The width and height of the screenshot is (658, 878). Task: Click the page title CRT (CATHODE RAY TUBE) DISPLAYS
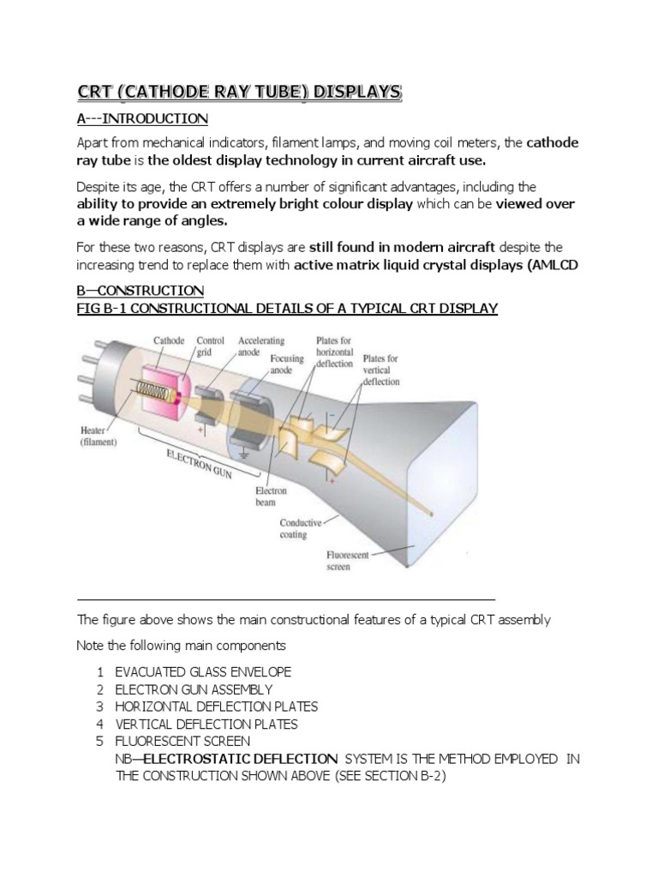point(239,92)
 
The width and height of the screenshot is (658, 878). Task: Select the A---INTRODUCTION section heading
point(142,117)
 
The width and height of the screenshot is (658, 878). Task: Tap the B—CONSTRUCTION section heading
point(141,290)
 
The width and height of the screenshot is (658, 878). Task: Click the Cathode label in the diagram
point(169,340)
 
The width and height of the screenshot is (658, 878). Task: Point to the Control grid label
point(210,346)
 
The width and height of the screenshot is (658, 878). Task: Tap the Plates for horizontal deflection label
point(333,352)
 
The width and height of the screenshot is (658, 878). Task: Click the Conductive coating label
point(301,527)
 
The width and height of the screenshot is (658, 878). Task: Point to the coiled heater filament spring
point(153,395)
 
